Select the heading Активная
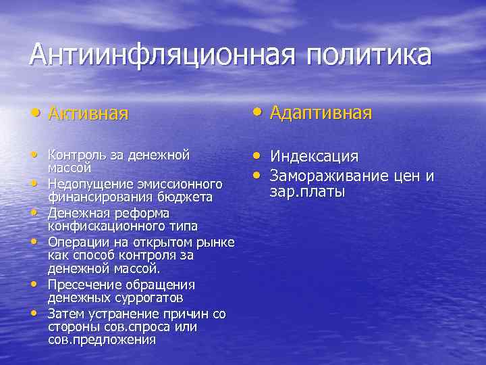point(88,113)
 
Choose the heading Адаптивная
point(321,112)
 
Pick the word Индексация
point(315,157)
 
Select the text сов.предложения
point(101,339)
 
